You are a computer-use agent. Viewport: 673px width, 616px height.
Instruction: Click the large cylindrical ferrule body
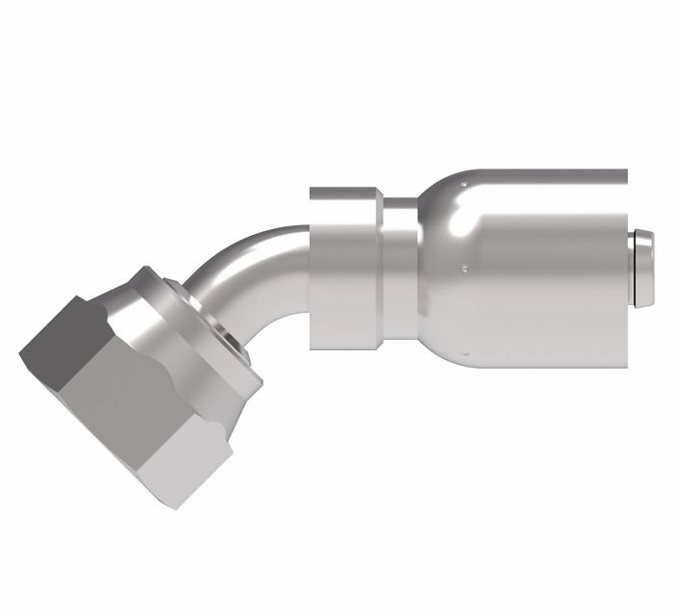pos(548,279)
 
